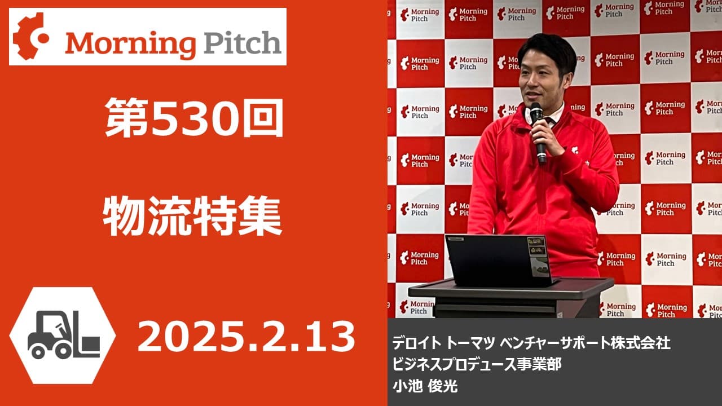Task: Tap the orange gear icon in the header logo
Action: (30, 36)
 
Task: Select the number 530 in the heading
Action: (195, 118)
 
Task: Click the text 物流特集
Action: (192, 216)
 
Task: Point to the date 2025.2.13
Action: (246, 337)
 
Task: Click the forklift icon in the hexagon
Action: (64, 335)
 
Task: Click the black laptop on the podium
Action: (499, 261)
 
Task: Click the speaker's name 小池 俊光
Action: (425, 386)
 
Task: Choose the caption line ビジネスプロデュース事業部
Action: (477, 364)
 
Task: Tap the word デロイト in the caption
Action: (416, 343)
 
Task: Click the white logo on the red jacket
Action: (574, 150)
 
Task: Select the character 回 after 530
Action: (263, 118)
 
